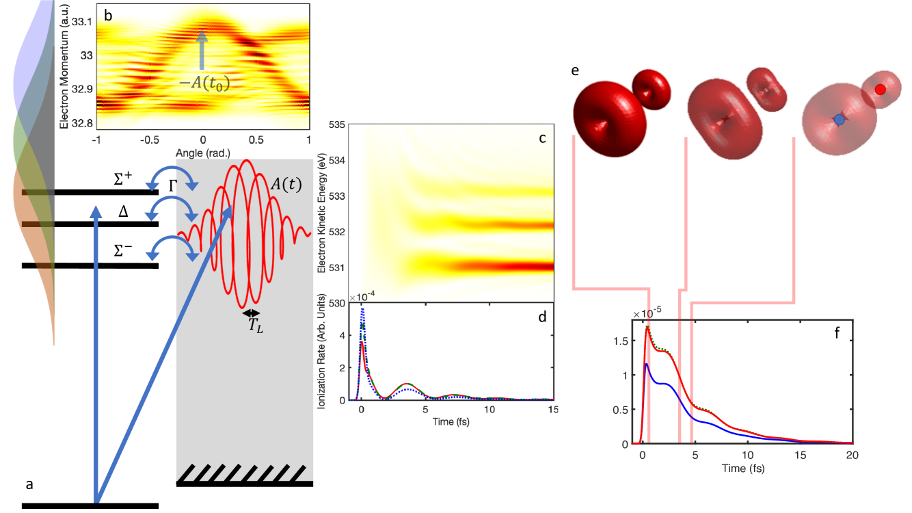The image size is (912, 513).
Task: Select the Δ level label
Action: pos(124,213)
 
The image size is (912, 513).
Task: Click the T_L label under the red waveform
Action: pos(255,328)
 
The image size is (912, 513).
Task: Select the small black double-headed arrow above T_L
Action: pos(252,313)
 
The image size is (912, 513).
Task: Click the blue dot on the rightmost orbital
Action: pos(840,119)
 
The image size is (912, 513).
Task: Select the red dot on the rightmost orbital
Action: pos(881,89)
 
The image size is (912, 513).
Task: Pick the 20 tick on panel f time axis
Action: pos(853,455)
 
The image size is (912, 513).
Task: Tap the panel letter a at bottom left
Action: pos(29,484)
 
